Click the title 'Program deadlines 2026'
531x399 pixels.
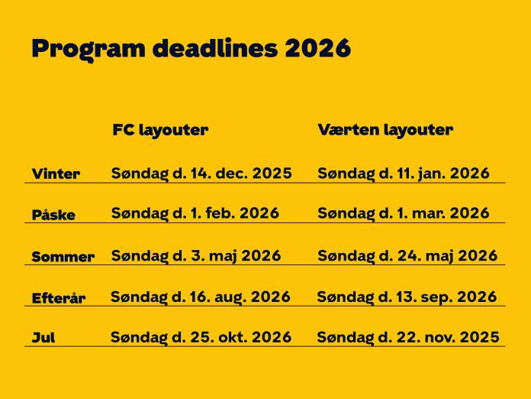coord(191,47)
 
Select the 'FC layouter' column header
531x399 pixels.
coord(159,130)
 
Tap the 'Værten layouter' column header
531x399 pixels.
coord(385,130)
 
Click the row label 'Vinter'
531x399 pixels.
coord(56,174)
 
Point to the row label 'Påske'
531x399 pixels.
coord(53,216)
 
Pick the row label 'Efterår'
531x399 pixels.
coord(58,299)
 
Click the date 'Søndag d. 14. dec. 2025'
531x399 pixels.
coord(201,174)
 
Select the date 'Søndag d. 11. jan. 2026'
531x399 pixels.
coord(403,174)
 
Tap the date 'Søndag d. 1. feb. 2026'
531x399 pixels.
coord(195,213)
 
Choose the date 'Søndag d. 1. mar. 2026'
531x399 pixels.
coord(403,213)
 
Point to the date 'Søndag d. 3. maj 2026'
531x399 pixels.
coord(196,255)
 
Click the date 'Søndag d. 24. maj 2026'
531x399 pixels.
coord(407,255)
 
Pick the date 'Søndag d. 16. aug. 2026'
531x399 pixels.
coord(201,297)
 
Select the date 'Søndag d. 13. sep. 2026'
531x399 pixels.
coord(407,297)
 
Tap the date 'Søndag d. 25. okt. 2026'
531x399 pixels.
coord(201,337)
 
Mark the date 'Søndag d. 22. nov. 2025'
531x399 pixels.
coord(408,337)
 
